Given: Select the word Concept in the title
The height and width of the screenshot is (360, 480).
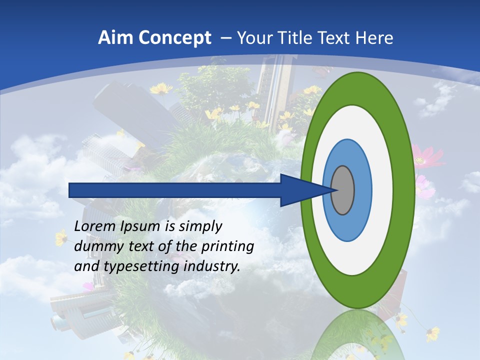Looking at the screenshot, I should coord(173,38).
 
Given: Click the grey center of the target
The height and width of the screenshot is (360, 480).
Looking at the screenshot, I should coord(342,190).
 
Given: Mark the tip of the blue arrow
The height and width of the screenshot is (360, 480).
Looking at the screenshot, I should coord(333,190).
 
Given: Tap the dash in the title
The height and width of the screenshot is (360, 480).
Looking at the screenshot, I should coord(225,38).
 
